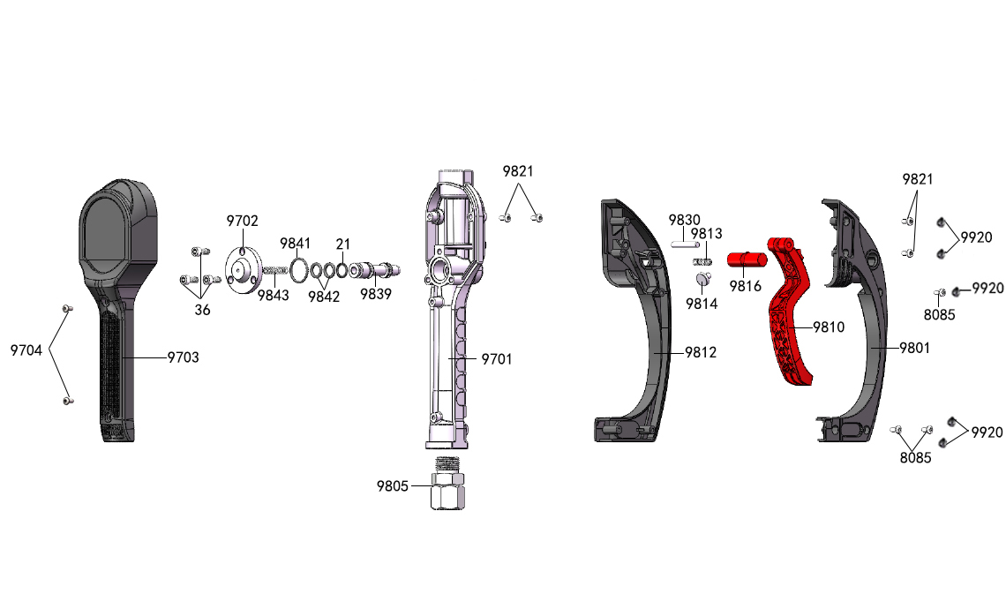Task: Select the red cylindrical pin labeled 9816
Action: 747,259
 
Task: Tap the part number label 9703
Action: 183,357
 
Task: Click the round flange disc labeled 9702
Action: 244,271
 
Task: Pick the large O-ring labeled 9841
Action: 297,270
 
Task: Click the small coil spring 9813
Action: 703,260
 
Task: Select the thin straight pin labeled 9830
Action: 685,244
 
